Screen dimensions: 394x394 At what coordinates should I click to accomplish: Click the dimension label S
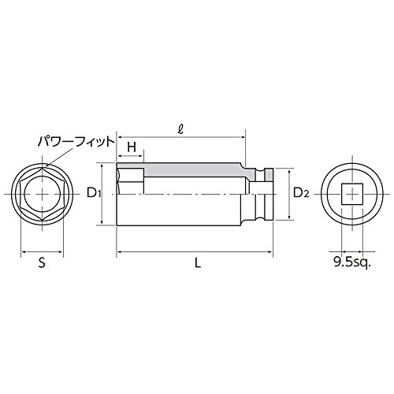click(x=42, y=262)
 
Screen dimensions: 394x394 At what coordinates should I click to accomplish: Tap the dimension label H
click(x=132, y=147)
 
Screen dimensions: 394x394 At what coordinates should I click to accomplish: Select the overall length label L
click(x=198, y=262)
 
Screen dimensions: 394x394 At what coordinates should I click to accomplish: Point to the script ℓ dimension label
click(x=180, y=131)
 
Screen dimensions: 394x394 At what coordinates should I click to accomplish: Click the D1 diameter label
click(x=94, y=194)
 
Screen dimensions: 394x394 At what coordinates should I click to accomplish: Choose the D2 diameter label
click(x=301, y=194)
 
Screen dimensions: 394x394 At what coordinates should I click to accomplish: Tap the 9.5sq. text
click(x=351, y=262)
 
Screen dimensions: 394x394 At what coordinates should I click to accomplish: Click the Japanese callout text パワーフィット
click(x=76, y=142)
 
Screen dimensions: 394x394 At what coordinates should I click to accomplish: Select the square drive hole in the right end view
click(x=352, y=194)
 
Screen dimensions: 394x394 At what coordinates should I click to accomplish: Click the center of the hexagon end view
click(x=42, y=194)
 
